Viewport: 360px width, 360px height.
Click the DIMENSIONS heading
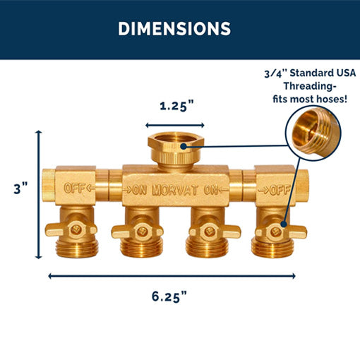coord(174,29)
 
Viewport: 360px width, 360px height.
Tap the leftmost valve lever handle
coord(61,229)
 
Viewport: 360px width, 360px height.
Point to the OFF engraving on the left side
coord(75,188)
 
